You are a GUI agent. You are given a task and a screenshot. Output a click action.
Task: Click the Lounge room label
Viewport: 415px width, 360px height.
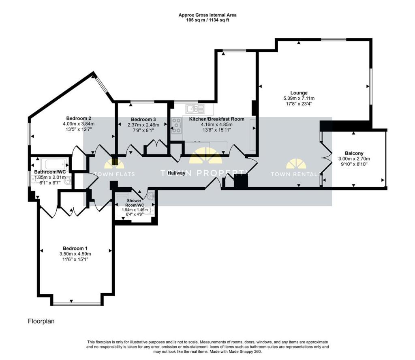click(x=299, y=93)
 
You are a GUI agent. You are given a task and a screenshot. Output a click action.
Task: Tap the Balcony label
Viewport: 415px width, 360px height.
click(x=354, y=153)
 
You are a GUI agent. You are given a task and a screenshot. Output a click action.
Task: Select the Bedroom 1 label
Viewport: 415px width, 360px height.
click(x=75, y=248)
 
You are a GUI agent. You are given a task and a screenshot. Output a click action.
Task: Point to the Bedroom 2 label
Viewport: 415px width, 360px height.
click(x=79, y=118)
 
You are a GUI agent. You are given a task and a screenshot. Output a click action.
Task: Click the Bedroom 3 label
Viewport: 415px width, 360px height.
click(x=143, y=119)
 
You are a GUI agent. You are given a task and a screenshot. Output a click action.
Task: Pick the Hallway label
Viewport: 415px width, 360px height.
click(x=177, y=173)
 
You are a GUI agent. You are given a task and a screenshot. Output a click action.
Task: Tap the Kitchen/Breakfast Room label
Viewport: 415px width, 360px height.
click(x=216, y=119)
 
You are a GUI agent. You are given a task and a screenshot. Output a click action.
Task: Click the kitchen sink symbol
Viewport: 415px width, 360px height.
click(x=195, y=109)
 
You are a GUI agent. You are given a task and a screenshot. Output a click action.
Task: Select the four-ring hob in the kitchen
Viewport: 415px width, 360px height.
click(x=177, y=125)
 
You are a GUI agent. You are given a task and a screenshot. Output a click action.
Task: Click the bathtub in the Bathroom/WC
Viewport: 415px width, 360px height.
click(x=55, y=164)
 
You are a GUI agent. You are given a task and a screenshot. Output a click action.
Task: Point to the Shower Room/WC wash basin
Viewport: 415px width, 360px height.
click(x=151, y=196)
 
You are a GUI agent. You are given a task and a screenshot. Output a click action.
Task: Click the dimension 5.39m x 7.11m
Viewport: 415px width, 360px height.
click(x=299, y=98)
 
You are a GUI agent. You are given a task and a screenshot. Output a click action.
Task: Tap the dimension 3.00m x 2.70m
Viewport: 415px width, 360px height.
click(x=354, y=159)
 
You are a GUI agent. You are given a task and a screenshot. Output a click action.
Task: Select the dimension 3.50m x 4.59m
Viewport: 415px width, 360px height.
click(x=75, y=254)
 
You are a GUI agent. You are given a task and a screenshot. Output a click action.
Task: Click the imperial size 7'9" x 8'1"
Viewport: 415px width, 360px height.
click(x=143, y=130)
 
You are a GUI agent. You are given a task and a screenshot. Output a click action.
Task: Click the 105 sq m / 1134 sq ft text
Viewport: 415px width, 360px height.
click(x=207, y=20)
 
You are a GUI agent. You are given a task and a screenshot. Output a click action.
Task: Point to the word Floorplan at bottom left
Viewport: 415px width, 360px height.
click(x=41, y=321)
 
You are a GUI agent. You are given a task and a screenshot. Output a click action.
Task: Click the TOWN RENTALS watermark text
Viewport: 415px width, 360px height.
click(x=296, y=174)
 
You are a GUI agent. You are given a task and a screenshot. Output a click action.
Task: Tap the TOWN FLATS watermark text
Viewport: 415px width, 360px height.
click(x=114, y=174)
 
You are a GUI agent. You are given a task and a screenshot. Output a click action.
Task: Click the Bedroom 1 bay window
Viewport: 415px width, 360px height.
click(x=77, y=304)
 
